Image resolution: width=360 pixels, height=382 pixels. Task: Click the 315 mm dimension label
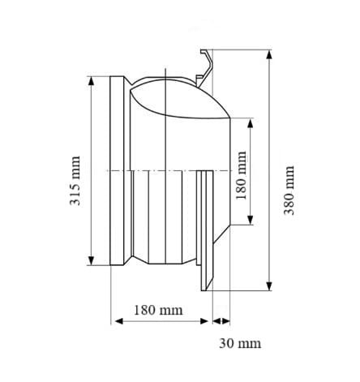pyautogui.click(x=75, y=181)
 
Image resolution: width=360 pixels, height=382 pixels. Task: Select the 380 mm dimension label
pyautogui.click(x=289, y=191)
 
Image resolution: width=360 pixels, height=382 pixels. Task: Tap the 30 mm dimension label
pyautogui.click(x=240, y=343)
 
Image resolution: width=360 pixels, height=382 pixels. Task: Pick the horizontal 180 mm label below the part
pyautogui.click(x=158, y=310)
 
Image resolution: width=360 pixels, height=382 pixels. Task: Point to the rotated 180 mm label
pyautogui.click(x=241, y=175)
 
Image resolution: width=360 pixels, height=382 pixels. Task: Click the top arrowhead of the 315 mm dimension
pyautogui.click(x=92, y=81)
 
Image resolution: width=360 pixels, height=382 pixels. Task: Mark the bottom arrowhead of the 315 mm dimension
pyautogui.click(x=92, y=260)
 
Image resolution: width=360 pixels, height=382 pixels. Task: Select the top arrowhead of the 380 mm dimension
pyautogui.click(x=269, y=54)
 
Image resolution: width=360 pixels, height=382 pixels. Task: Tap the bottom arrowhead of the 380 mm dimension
pyautogui.click(x=269, y=286)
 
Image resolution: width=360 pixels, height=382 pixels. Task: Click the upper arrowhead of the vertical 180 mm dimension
pyautogui.click(x=251, y=123)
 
